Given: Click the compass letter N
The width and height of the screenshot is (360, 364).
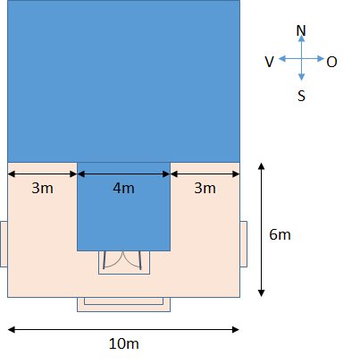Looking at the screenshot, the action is tap(301, 30).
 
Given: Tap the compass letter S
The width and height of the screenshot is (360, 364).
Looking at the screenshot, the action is tap(301, 96).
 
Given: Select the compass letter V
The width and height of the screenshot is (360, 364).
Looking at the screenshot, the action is tap(269, 62).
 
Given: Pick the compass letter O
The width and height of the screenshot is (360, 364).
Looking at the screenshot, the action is tap(331, 62).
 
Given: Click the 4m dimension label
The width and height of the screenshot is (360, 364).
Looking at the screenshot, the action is tap(123, 189).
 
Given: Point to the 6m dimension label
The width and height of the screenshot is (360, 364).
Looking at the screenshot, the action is tap(280, 234).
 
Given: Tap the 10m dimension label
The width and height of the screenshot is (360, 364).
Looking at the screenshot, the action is tap(123, 343).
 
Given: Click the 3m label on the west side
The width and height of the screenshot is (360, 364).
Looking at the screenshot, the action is tap(42, 189).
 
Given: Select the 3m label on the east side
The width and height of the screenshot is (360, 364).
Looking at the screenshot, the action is tap(205, 189).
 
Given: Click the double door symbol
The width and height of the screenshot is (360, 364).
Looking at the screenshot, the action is tap(124, 262).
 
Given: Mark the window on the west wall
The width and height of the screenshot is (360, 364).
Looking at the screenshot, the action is tap(4, 244).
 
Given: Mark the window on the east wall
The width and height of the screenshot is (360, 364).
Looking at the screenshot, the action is tap(244, 244).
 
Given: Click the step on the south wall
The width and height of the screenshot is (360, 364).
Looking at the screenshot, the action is tap(123, 304).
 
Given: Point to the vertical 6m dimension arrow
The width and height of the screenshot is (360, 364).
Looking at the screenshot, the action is tap(261, 230).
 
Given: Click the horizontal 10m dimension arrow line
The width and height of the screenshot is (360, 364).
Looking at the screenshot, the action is tap(123, 329).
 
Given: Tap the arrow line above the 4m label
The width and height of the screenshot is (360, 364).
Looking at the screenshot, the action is tap(123, 174).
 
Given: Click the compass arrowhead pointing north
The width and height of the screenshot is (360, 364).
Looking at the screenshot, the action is tap(301, 38).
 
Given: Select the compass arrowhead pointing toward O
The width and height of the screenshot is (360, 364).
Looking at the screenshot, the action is tap(321, 59).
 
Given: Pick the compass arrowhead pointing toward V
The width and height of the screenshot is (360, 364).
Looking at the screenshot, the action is tap(282, 59).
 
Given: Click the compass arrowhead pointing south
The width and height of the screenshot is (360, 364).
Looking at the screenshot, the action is tap(301, 77).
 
